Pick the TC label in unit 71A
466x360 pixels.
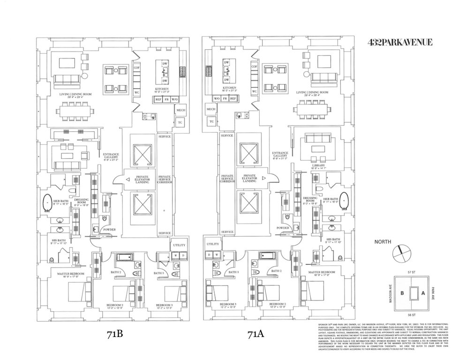tap(211, 121)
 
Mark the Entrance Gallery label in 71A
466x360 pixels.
tap(279, 155)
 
